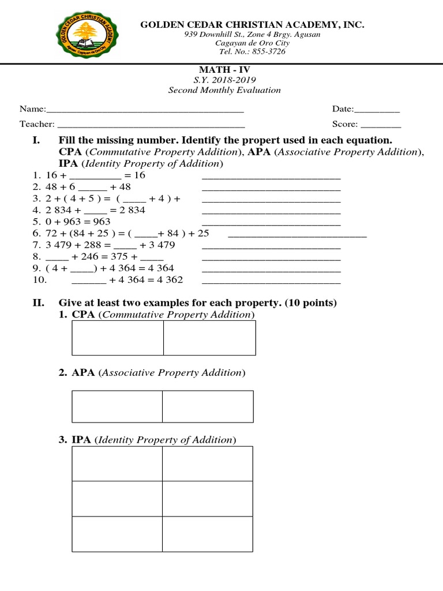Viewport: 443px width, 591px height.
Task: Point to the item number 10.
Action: (37, 280)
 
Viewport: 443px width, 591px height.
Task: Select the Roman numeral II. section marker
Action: (37, 303)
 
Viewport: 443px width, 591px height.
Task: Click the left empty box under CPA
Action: (117, 338)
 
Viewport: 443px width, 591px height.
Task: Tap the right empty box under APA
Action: (208, 407)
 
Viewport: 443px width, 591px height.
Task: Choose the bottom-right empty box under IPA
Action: (208, 534)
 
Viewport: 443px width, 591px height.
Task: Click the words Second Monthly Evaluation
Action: (224, 90)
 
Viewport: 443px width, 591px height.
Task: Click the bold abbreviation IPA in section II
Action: (81, 440)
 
